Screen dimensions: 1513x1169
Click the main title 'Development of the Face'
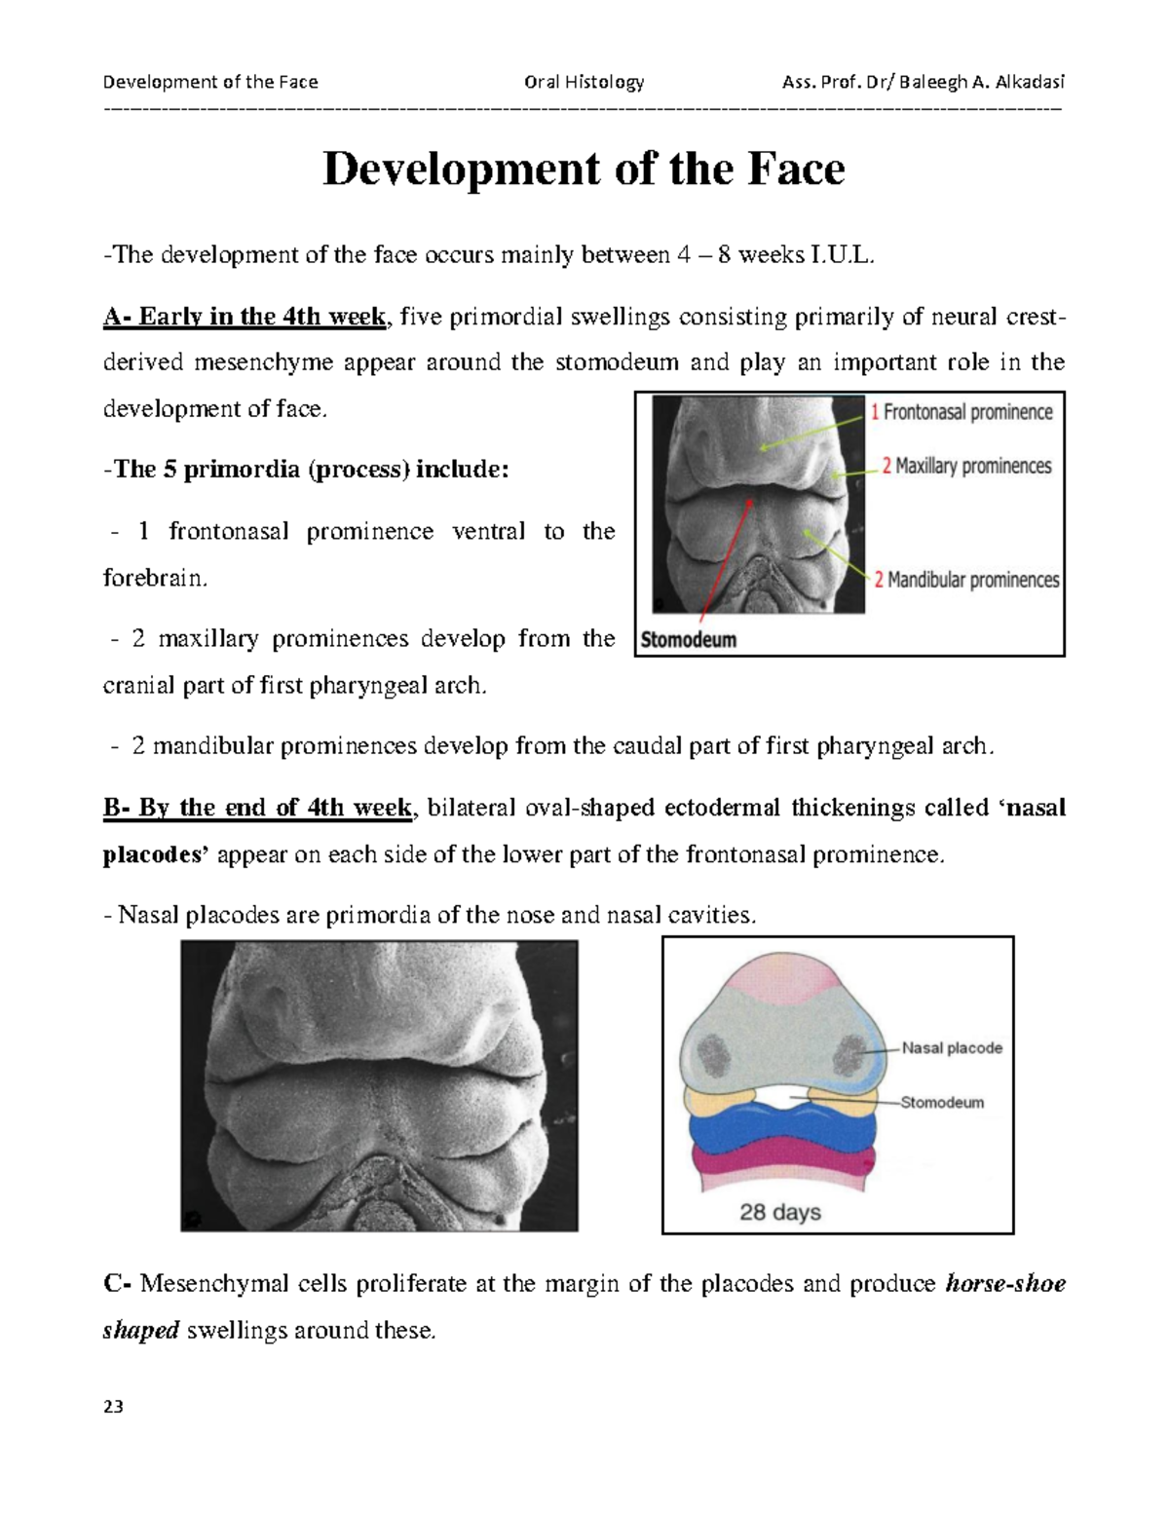pos(584,170)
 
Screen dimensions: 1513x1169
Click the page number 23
pos(113,1406)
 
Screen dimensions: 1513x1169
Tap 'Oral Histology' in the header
pos(584,82)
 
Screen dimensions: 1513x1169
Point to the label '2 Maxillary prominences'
pos(966,466)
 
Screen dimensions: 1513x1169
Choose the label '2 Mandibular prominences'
pos(966,580)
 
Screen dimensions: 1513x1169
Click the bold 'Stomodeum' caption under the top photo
pos(689,640)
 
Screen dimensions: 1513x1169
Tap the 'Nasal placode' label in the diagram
pos(952,1048)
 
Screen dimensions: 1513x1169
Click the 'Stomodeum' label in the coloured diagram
pos(942,1103)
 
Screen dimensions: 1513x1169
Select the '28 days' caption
pos(780,1212)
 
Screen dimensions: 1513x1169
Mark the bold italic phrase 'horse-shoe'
pos(1004,1283)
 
